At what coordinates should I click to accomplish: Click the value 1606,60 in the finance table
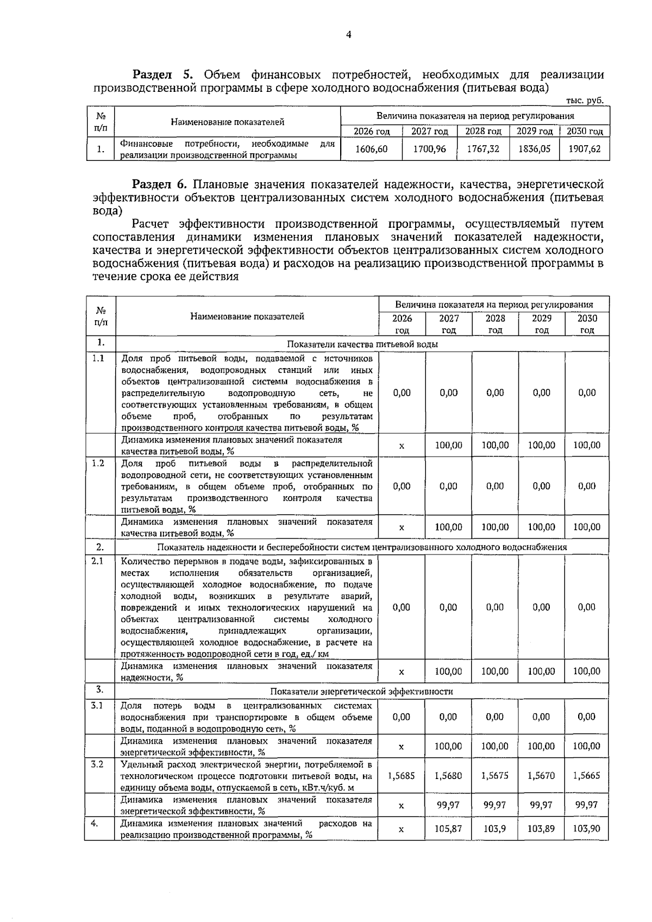pos(371,148)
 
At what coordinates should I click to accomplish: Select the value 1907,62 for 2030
pos(584,148)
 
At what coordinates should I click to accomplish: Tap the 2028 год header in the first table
pos(483,132)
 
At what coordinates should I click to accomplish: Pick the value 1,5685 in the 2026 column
pos(402,776)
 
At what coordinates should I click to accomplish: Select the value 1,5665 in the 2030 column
pos(587,776)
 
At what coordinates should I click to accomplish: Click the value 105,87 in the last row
pos(448,830)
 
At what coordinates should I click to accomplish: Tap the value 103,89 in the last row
pos(541,830)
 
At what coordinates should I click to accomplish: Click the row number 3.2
pos(97,764)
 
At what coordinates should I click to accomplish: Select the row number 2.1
pos(97,560)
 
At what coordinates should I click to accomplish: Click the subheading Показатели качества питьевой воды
pos(362,344)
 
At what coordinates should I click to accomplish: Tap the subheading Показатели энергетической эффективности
pos(361,691)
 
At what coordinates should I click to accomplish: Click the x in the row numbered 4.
pos(402,830)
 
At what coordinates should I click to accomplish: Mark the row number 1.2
pos(97,463)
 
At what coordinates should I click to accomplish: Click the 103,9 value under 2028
pos(494,830)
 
